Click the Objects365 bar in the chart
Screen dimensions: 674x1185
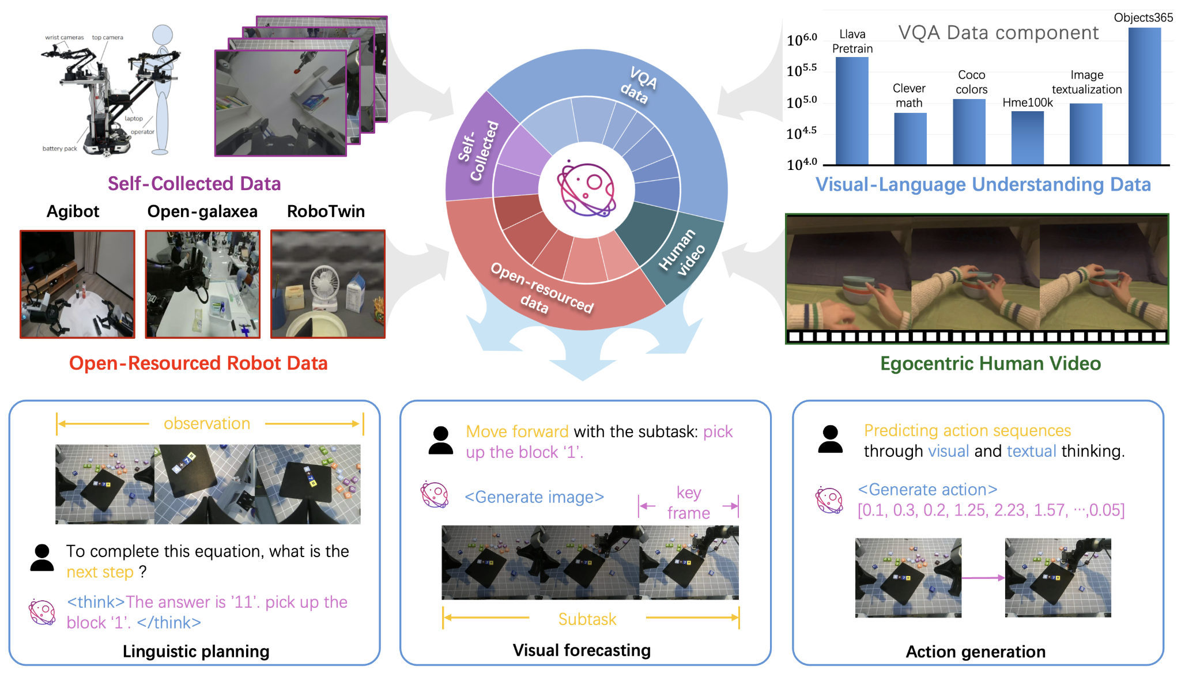(1144, 96)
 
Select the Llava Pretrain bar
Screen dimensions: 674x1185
(852, 111)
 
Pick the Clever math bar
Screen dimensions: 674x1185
(910, 138)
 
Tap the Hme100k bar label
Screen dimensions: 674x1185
(1027, 103)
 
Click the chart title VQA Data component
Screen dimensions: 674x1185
(998, 33)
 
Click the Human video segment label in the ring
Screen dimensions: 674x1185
(682, 252)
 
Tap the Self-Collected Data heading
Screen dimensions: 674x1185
(194, 184)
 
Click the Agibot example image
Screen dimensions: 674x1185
(77, 284)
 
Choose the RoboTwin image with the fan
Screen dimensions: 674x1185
(327, 284)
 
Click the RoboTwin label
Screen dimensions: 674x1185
(326, 211)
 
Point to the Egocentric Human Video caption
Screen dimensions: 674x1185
(990, 363)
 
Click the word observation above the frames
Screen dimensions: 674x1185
(207, 423)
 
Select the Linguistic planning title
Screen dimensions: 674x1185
(196, 652)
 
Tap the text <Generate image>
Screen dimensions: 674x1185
(534, 497)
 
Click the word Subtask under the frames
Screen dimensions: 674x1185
(587, 619)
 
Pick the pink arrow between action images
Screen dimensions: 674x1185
(983, 578)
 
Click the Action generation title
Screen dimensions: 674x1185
(975, 652)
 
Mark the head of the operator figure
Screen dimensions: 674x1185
(163, 35)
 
